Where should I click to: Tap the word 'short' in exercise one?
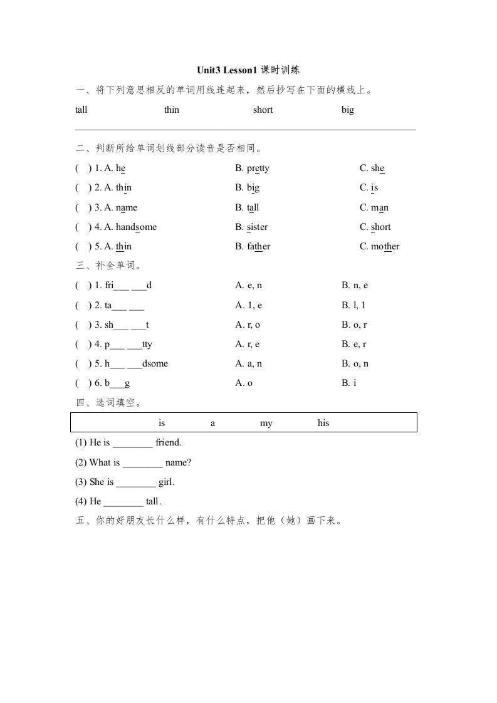pos(263,110)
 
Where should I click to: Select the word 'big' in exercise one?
pos(347,110)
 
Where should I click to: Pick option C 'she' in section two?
pos(372,169)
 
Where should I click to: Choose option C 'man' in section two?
pos(374,207)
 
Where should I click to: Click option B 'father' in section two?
pos(253,247)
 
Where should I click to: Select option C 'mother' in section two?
pos(379,247)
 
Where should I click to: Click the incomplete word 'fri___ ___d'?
pos(128,286)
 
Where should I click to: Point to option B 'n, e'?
pos(355,286)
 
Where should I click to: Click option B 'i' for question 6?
pos(349,383)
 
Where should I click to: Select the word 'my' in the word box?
pos(266,423)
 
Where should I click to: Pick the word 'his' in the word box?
pos(323,423)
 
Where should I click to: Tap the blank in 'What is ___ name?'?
pos(143,463)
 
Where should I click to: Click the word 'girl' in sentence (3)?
pos(166,482)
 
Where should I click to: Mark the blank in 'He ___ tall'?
pos(123,502)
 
